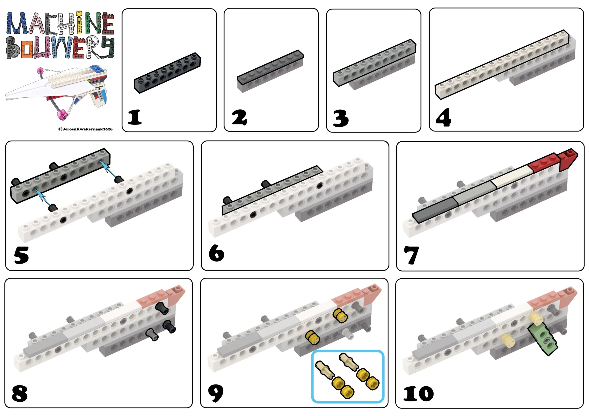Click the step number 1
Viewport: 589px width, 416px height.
135,117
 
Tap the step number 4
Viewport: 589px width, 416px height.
443,117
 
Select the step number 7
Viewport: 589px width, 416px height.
412,255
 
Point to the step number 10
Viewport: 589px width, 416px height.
418,394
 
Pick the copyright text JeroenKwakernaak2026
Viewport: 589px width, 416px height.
86,129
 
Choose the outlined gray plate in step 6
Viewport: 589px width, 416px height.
272,190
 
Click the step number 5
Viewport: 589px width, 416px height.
21,255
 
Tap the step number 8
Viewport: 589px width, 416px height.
20,393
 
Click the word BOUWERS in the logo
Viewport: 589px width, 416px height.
60,47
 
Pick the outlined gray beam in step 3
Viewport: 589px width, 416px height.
375,63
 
